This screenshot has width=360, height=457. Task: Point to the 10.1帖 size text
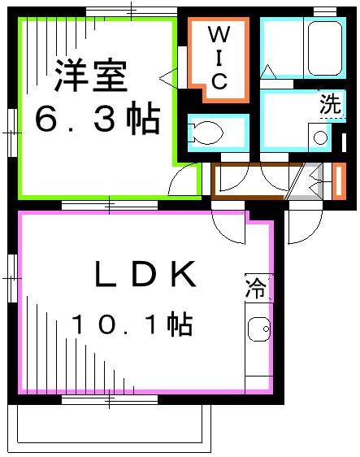(x=132, y=325)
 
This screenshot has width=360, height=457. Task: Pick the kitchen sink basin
(x=260, y=332)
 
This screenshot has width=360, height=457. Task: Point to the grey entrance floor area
(x=305, y=181)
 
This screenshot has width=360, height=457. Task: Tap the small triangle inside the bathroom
(x=268, y=72)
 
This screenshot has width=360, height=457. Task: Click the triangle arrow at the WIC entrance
(x=168, y=78)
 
